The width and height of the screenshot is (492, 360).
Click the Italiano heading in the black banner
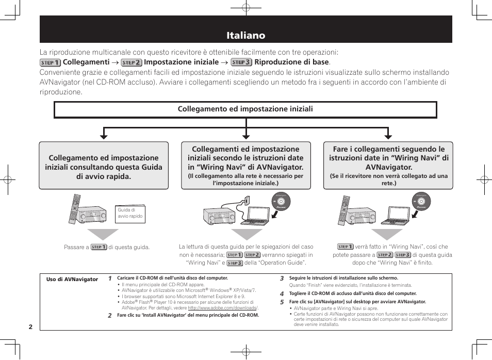point(245,35)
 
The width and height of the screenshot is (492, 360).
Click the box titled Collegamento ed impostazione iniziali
point(245,109)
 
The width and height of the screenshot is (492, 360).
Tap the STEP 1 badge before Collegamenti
point(50,62)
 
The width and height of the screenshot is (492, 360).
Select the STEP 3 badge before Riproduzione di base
point(241,62)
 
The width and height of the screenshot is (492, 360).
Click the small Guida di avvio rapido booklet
point(130,214)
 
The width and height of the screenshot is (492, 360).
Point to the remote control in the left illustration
point(76,208)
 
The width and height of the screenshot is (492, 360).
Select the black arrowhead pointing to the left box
point(104,135)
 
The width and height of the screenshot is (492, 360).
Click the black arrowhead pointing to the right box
point(388,135)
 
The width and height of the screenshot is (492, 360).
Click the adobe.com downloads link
point(222,308)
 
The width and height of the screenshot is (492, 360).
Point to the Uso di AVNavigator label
point(72,280)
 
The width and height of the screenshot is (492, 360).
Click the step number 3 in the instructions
point(282,279)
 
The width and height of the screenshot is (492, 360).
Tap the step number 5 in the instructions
point(282,302)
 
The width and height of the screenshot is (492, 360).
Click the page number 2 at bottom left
point(30,327)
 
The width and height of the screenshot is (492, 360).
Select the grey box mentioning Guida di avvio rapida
point(104,167)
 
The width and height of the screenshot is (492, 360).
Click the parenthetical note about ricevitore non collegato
point(388,179)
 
